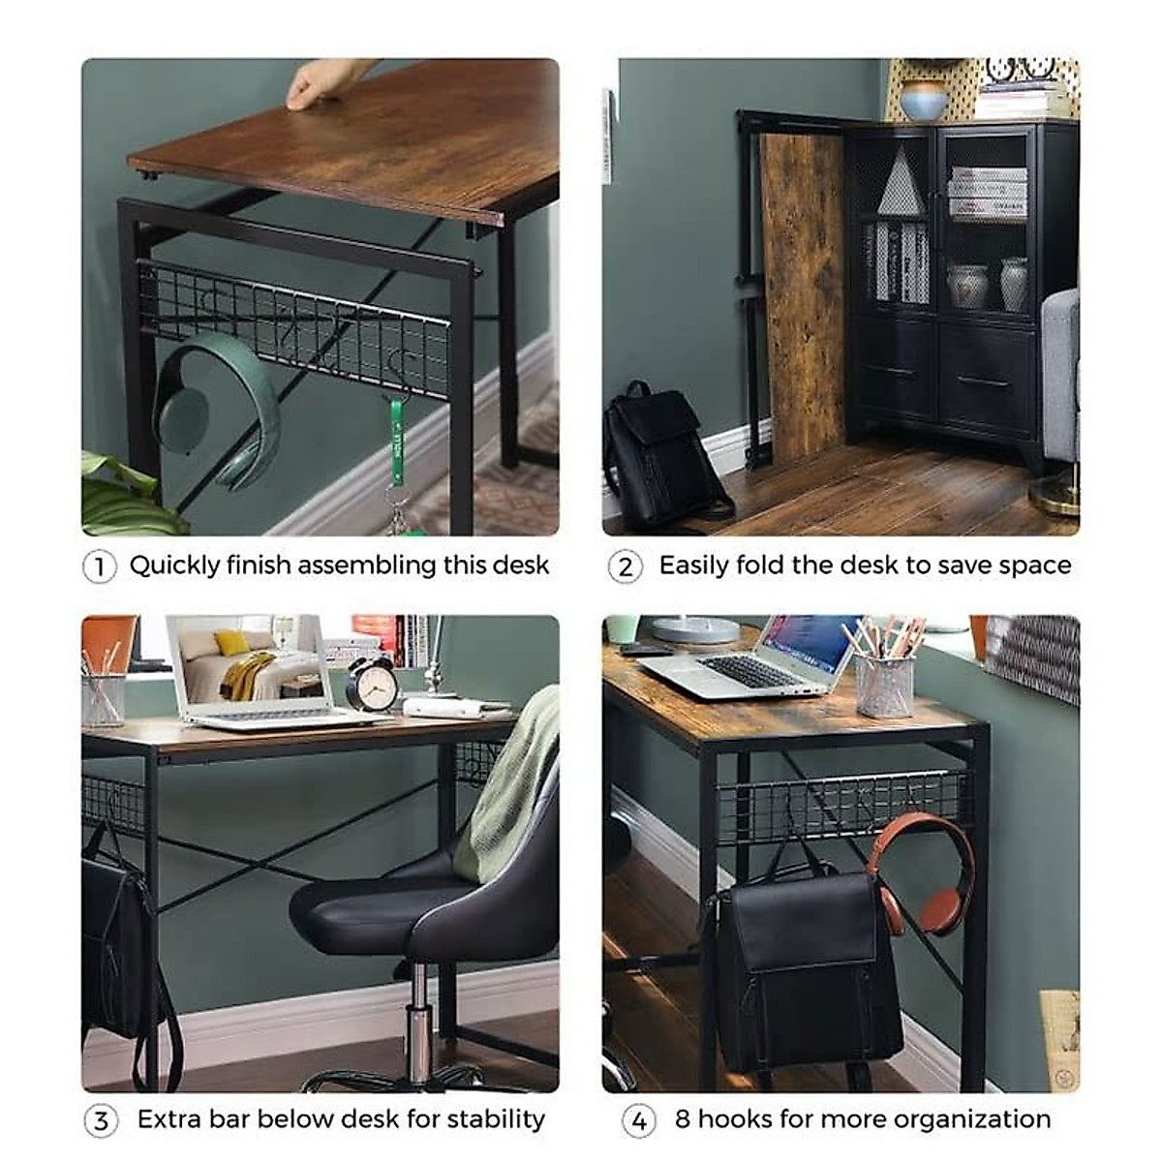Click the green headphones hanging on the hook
coord(218,412)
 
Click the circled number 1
coord(99,566)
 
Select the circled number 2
coord(625,566)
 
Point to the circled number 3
coord(101,1121)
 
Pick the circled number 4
coord(638,1121)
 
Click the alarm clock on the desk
coord(372,684)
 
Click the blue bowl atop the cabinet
coord(923,100)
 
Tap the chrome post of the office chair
coord(418,1017)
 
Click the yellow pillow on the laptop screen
coord(231,643)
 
